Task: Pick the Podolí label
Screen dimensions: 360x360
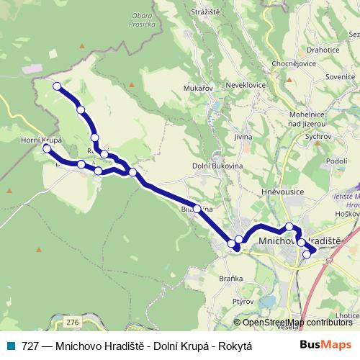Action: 337,161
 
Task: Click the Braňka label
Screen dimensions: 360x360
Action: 232,277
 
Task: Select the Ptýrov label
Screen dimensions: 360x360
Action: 243,303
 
